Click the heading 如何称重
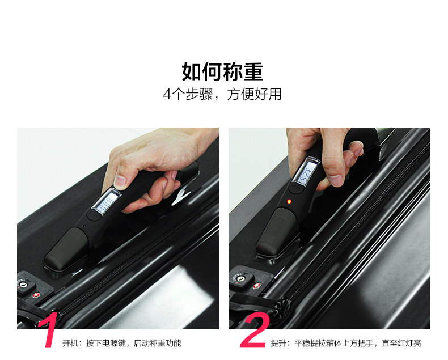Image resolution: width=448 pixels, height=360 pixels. [x=222, y=71]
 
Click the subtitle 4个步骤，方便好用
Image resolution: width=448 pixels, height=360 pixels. [x=222, y=94]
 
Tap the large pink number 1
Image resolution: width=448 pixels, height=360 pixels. [x=49, y=330]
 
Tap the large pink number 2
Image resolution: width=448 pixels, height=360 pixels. [x=255, y=330]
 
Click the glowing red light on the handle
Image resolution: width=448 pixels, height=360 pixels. [x=289, y=201]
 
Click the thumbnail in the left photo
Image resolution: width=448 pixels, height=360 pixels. [x=120, y=181]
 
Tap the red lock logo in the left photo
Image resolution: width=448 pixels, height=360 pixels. [x=36, y=295]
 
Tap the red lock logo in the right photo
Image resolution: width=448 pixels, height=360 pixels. [x=256, y=285]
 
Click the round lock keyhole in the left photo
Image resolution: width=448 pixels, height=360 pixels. [x=24, y=285]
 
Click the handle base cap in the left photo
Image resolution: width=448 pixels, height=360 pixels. [x=66, y=249]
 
